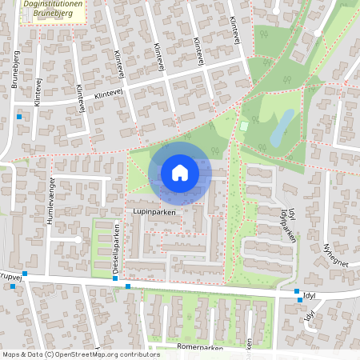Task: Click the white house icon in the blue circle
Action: pos(180,172)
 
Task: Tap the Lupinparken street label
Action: pos(154,212)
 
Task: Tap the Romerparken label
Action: pos(199,349)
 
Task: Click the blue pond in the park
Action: pos(282,128)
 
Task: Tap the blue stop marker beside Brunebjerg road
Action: pos(19,118)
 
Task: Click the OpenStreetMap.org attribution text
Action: pos(104,354)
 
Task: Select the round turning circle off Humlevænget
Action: pos(78,238)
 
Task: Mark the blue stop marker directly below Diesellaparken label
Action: pos(116,279)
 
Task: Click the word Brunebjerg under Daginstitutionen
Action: pos(53,14)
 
